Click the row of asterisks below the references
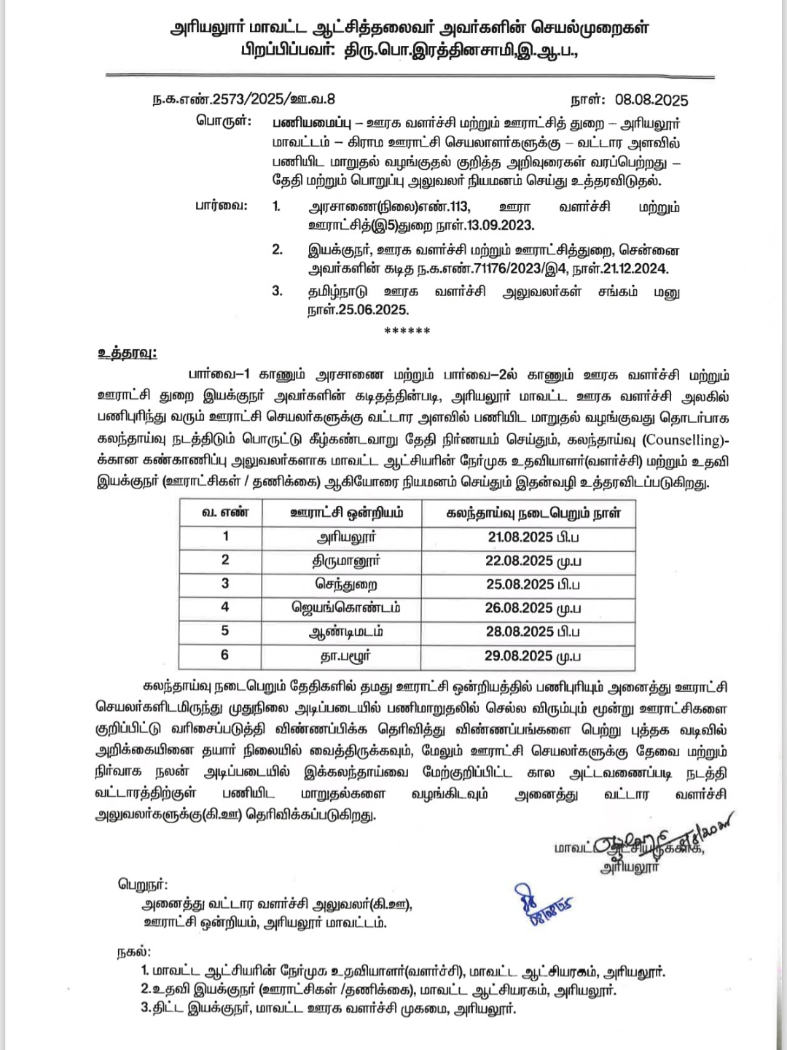(x=407, y=331)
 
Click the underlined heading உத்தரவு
(x=127, y=354)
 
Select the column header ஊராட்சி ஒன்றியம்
(x=342, y=513)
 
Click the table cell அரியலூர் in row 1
(x=346, y=537)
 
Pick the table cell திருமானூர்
(x=346, y=561)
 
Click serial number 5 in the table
(x=225, y=631)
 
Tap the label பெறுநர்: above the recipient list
(x=143, y=885)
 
